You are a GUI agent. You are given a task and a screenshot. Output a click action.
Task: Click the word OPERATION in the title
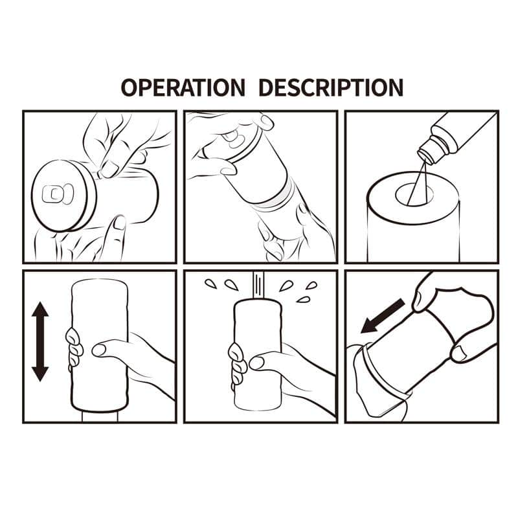click(x=183, y=87)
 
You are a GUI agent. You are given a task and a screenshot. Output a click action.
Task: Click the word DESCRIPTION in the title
click(x=331, y=87)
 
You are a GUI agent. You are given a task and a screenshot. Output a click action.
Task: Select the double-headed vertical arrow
click(x=40, y=342)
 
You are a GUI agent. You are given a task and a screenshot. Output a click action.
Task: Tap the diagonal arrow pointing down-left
click(x=382, y=316)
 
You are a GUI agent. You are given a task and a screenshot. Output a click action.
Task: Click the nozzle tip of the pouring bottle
click(x=425, y=155)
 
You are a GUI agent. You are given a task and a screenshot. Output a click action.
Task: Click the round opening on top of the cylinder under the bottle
click(x=415, y=196)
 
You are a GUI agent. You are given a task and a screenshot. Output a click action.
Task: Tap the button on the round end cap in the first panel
click(x=52, y=194)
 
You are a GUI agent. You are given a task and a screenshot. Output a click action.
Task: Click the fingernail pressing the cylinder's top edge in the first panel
click(x=109, y=170)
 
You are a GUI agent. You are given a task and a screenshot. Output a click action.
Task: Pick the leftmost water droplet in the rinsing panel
click(x=210, y=284)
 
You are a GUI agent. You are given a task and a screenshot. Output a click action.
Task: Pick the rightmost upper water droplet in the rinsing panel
click(x=311, y=286)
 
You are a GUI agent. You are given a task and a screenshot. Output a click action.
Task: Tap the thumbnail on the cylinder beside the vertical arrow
click(x=99, y=350)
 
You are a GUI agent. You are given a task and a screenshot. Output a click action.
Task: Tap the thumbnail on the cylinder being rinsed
click(x=256, y=363)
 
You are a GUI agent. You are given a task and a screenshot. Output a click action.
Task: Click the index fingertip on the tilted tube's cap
click(x=265, y=122)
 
